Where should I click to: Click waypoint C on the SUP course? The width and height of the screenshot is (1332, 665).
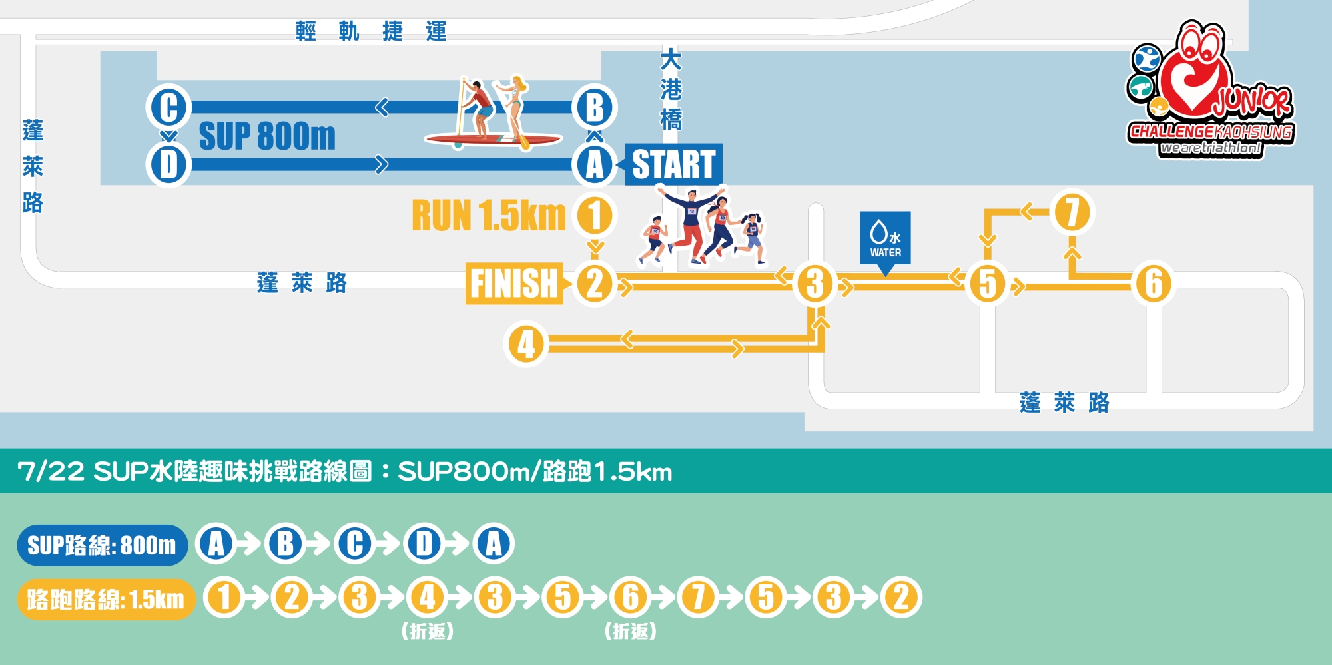(x=168, y=107)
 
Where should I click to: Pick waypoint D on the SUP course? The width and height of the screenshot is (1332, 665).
(x=168, y=164)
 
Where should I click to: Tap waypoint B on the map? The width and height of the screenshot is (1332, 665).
(x=595, y=107)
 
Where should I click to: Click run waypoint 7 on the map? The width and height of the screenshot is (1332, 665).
(x=1072, y=213)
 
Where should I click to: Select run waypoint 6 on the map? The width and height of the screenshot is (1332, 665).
(x=1154, y=283)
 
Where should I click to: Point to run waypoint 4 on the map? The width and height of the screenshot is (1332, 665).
(x=526, y=344)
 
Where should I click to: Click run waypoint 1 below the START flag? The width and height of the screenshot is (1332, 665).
(x=595, y=215)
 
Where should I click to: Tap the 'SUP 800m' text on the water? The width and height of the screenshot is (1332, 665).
(x=267, y=136)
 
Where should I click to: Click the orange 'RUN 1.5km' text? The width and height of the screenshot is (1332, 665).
(x=489, y=215)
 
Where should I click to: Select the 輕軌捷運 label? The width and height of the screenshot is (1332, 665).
(x=371, y=31)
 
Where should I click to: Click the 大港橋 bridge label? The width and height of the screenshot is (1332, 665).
(x=671, y=89)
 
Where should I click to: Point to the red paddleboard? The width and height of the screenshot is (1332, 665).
(x=494, y=139)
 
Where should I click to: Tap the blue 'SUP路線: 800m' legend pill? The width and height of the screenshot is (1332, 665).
(x=103, y=545)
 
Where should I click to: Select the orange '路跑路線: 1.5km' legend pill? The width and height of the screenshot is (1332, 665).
(x=106, y=599)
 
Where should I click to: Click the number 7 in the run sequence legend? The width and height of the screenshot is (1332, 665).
(x=699, y=597)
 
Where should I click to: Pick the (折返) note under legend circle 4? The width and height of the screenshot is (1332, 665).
(x=428, y=631)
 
